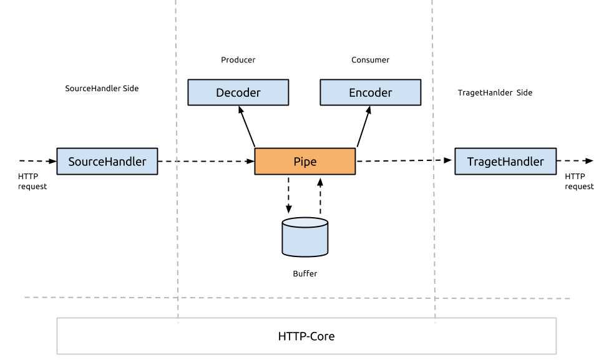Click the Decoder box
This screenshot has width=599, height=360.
tap(238, 92)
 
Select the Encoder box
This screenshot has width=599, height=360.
tap(370, 92)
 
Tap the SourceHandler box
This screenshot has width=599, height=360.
tap(107, 161)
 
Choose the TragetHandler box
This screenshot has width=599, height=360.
tap(505, 161)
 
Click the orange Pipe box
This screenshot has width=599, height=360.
tap(304, 161)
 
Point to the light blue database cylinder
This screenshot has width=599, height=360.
tap(304, 240)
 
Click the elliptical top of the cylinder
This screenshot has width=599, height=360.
tap(304, 223)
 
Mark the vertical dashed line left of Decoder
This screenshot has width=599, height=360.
tap(176, 125)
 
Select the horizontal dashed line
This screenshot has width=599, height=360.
tap(94, 298)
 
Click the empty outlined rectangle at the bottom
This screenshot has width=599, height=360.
tap(306, 336)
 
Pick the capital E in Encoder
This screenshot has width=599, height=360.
tap(353, 93)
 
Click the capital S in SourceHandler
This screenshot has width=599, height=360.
tap(72, 162)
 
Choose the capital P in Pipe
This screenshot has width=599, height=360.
tap(297, 162)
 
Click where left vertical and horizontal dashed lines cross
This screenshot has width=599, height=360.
tap(178, 298)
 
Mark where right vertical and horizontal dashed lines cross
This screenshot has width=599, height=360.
tap(434, 298)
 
